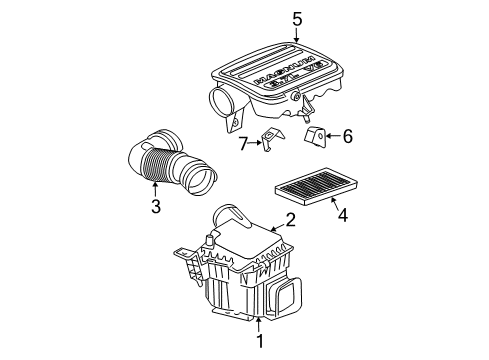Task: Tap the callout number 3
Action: [155, 207]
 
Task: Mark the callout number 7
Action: [243, 145]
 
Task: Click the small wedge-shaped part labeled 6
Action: [315, 135]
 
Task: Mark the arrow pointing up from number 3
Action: [155, 189]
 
